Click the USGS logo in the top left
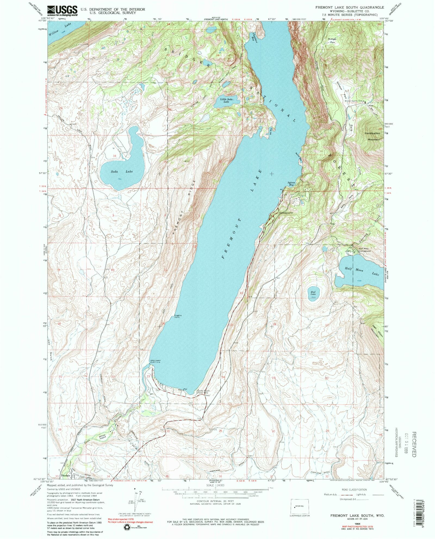coord(63,11)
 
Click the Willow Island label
coord(103,438)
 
